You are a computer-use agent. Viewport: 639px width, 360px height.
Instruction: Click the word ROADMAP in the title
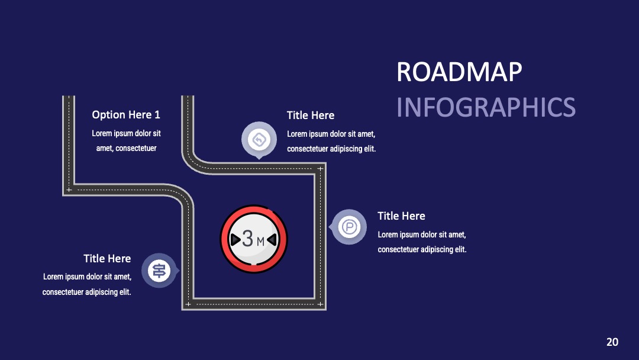click(459, 72)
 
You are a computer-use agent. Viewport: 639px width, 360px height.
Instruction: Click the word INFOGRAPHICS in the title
click(486, 107)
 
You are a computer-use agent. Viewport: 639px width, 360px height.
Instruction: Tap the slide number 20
click(612, 342)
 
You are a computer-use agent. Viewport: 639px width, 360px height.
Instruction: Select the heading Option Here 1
click(126, 114)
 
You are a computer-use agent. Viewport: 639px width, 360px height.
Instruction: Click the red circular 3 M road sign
click(253, 239)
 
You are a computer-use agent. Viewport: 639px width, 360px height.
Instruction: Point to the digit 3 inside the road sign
click(247, 239)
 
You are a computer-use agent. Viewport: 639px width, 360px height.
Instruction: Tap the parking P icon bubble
click(348, 227)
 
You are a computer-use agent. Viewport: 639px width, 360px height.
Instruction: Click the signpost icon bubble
click(160, 271)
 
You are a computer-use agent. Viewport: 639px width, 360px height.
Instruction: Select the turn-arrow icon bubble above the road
click(259, 140)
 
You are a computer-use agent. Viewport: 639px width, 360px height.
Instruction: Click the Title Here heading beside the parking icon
click(401, 216)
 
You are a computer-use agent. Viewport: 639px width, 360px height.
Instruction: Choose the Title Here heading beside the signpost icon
click(107, 259)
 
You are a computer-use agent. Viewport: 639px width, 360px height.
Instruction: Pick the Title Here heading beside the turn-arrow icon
click(311, 115)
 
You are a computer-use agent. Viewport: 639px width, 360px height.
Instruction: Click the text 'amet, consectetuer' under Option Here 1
click(127, 149)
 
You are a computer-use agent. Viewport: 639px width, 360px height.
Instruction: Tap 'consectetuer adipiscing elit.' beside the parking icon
click(422, 249)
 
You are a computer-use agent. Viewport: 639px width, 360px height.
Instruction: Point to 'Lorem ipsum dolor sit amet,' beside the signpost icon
click(87, 277)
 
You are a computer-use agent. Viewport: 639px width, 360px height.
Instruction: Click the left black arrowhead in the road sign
click(235, 240)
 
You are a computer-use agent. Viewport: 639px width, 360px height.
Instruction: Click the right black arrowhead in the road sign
click(272, 240)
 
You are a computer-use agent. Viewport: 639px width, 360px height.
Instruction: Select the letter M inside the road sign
click(260, 242)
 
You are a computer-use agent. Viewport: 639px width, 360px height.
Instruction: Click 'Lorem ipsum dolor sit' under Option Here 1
click(127, 133)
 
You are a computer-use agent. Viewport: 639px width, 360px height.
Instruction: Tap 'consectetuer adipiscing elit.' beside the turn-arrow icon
click(331, 149)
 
